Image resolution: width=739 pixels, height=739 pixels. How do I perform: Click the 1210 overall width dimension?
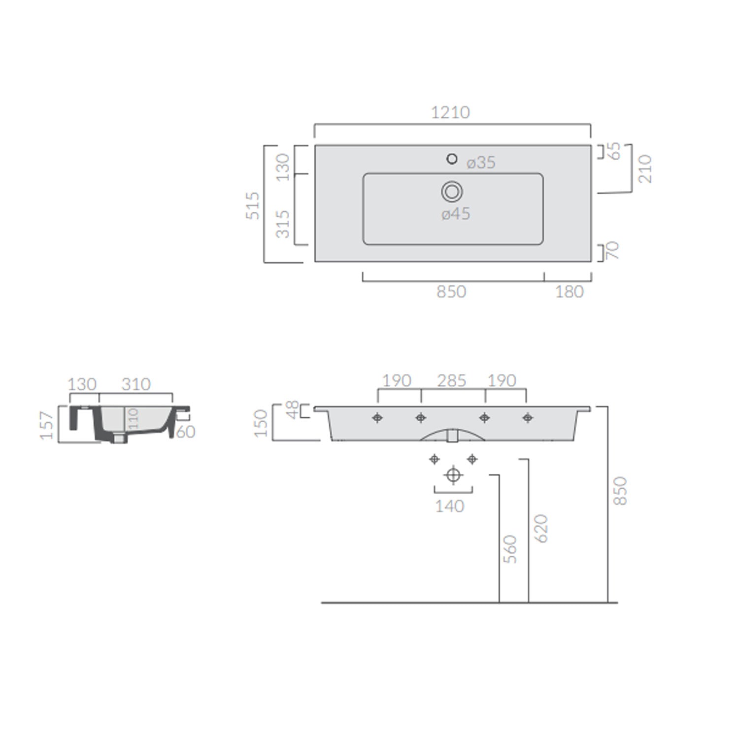pos(450,112)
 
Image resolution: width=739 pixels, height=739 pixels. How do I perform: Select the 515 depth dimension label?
pos(253,205)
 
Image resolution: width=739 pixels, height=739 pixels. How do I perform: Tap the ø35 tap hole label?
pos(481,163)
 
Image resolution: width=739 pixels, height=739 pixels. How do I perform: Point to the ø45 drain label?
pos(456,214)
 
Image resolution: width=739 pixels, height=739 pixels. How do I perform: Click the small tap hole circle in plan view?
pos(451,159)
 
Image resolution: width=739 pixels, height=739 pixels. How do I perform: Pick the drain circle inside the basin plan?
pos(452,191)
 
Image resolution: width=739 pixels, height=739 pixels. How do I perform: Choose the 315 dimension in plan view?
pos(283,224)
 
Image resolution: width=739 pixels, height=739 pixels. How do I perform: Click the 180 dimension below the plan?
pos(569,292)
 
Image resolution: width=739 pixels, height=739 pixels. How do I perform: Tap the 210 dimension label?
pos(645,168)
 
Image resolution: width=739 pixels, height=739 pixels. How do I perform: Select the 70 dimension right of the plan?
pos(612,251)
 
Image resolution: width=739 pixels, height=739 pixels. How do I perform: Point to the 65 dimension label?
pos(614,151)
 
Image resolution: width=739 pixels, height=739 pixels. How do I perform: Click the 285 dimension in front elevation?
pos(452,380)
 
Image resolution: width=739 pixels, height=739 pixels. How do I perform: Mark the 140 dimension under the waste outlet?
pos(450,506)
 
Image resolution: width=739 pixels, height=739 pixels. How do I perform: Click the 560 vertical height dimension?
pos(510,549)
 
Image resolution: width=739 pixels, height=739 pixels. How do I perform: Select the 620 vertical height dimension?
pos(541,528)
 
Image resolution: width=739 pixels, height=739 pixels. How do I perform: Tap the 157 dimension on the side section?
pos(47,426)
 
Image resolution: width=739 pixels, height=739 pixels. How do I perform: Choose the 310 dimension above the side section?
pos(135,384)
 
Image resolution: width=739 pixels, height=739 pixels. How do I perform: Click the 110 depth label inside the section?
pos(134,418)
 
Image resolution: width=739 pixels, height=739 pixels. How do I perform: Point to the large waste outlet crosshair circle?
pos(453,475)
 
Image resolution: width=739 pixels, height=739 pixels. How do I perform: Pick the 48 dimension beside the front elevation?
pos(292,410)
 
